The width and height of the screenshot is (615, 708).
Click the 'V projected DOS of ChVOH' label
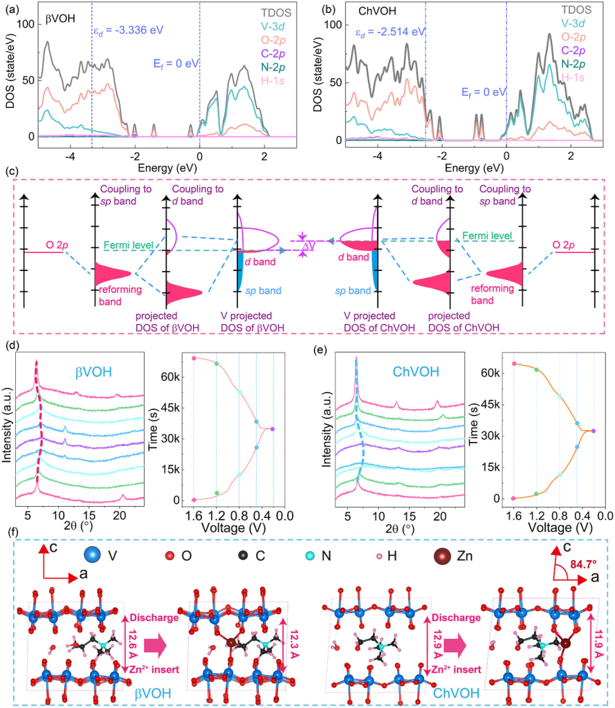376,322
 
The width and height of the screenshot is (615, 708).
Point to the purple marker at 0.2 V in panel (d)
273,429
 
